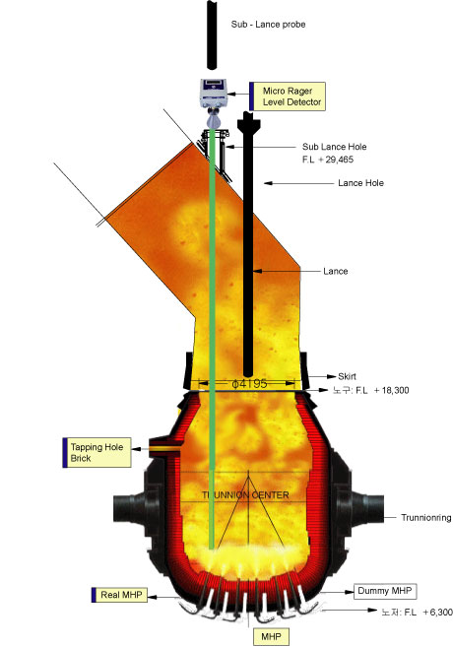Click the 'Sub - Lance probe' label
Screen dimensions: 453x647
point(268,25)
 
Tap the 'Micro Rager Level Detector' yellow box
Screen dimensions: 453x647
point(288,97)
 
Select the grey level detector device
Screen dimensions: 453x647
point(214,93)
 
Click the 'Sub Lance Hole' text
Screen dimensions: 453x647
point(334,147)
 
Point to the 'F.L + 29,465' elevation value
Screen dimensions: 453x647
point(328,160)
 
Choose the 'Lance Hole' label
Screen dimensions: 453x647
point(360,183)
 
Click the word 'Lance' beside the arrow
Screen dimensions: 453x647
point(336,271)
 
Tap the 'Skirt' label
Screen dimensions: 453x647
point(347,376)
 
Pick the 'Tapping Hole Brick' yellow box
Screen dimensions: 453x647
point(97,453)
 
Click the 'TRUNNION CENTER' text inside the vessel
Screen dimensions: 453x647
point(245,494)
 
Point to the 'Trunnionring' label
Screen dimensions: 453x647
point(426,517)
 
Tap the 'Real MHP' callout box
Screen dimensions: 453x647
point(119,595)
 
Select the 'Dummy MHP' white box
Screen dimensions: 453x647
point(385,591)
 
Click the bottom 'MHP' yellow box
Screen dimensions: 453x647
point(271,637)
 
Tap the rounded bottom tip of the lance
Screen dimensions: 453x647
point(247,373)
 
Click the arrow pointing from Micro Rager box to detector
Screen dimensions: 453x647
point(238,95)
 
